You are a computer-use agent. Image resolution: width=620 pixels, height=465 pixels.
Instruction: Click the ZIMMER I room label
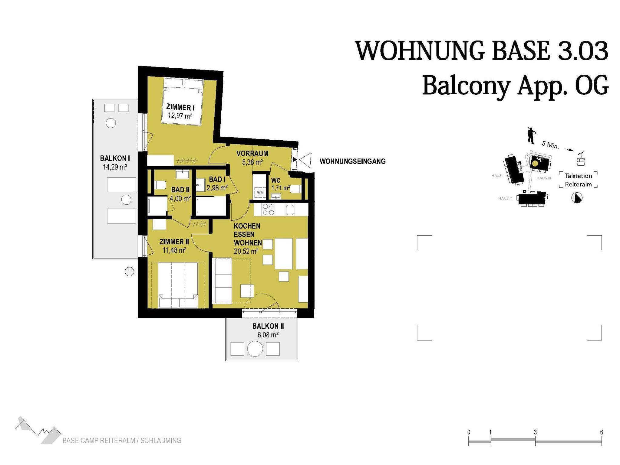pos(180,107)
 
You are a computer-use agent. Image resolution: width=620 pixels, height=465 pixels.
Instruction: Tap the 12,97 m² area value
pos(180,115)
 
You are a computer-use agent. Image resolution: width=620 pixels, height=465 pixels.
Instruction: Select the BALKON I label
pos(115,158)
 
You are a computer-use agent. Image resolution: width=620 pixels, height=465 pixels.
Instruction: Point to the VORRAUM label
pos(252,154)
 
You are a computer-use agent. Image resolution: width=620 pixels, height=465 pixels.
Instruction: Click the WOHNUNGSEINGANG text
pos(353,161)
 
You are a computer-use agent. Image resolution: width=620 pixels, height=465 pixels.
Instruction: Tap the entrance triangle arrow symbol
pos(305,160)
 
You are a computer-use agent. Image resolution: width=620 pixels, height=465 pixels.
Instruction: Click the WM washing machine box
pos(260,193)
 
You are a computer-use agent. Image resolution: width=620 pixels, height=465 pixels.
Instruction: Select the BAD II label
pos(180,190)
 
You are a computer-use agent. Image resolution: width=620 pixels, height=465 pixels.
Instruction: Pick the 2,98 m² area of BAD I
pos(217,188)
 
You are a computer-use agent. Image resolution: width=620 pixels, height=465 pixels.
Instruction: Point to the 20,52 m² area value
pos(246,251)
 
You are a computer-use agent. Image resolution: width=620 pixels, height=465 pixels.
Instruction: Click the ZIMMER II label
pos(174,242)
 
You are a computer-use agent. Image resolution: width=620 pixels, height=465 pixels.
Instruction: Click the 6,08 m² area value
pos(268,335)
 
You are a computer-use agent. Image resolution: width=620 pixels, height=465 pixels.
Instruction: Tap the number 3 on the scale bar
pos(535,432)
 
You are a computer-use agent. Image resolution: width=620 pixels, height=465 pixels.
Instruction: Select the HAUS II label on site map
pos(505,198)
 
